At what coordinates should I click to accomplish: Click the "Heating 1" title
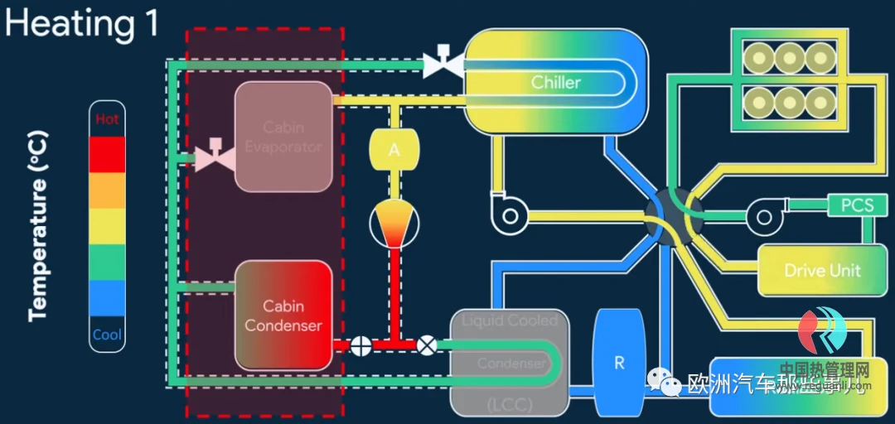[81, 24]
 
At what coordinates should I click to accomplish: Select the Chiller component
[555, 82]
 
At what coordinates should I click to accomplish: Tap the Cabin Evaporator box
[283, 137]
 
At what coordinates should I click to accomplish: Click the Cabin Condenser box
[283, 316]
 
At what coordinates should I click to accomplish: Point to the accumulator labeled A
[394, 150]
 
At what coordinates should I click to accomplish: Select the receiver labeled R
[619, 362]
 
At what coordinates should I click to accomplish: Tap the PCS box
[857, 205]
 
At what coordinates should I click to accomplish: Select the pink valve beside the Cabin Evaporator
[214, 154]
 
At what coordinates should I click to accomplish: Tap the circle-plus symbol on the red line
[361, 344]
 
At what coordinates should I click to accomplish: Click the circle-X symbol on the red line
[428, 344]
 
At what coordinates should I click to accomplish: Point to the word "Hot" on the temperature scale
[107, 118]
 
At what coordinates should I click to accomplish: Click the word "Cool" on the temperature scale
[107, 335]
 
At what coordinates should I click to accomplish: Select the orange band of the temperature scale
[107, 190]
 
